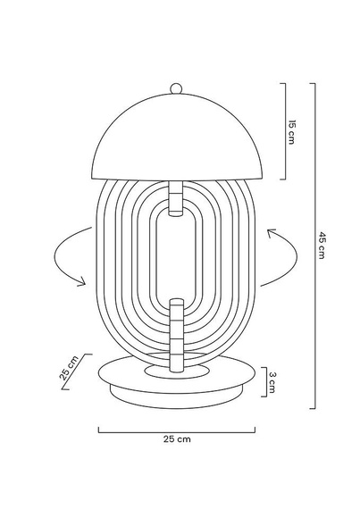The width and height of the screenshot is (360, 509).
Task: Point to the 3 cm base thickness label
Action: (x=275, y=381)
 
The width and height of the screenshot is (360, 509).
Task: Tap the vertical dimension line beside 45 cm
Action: (x=314, y=245)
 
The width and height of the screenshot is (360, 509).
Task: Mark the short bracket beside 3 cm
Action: (x=264, y=381)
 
